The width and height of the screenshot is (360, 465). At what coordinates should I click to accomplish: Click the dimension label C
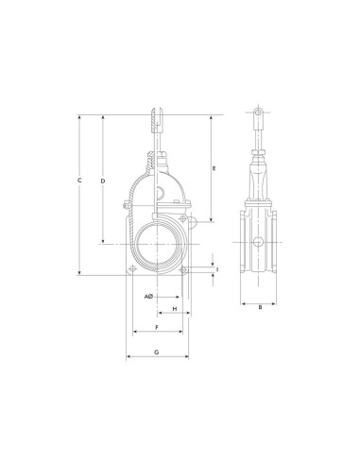[79, 181]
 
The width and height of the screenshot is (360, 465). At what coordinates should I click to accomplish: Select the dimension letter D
[103, 181]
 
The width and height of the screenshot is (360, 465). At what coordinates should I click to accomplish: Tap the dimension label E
[214, 168]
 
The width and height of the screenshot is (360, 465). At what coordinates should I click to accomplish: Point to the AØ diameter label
[148, 297]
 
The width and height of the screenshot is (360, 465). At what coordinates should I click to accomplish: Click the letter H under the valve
[175, 309]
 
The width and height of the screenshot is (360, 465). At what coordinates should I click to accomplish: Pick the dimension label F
[157, 327]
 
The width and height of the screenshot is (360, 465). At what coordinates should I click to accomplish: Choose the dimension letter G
[157, 352]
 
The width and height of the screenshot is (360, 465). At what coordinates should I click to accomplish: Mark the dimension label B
[260, 307]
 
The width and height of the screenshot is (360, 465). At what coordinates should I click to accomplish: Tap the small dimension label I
[217, 269]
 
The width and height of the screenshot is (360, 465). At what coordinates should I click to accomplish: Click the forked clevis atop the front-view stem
[157, 121]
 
